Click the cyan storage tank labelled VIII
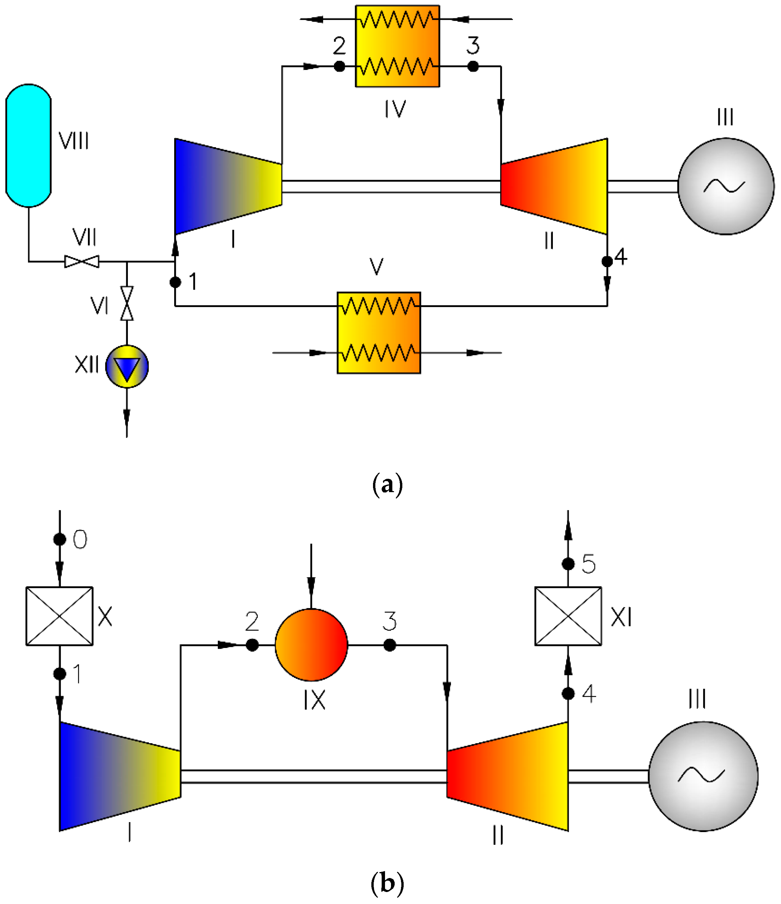(28, 145)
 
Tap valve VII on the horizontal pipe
(82, 262)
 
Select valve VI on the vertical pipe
(127, 303)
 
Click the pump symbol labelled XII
(127, 367)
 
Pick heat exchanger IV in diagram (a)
(397, 46)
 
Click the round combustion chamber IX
(311, 645)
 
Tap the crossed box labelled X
(59, 616)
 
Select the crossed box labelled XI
(568, 616)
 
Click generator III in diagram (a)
(726, 186)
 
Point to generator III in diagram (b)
(703, 776)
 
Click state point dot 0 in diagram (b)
(60, 540)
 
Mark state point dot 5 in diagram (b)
(568, 564)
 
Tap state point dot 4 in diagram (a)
(607, 261)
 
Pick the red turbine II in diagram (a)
(554, 186)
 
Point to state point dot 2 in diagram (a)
(339, 66)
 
